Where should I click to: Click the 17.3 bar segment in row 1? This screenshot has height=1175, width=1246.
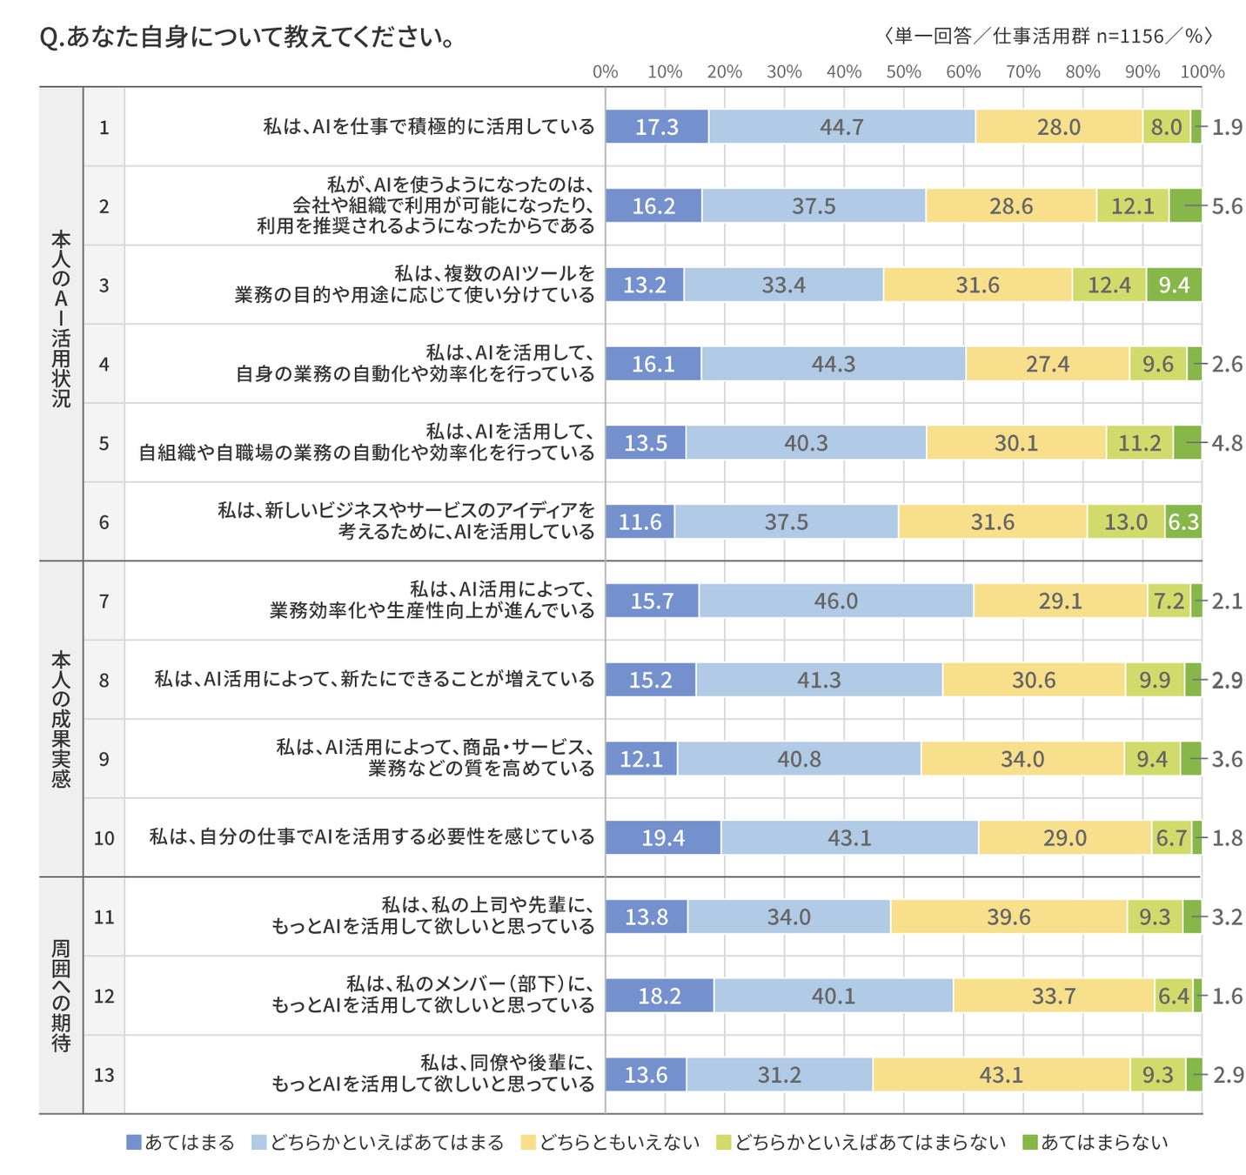click(657, 127)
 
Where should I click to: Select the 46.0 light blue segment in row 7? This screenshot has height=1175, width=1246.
click(835, 601)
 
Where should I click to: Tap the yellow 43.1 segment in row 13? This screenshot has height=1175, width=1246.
click(1001, 1075)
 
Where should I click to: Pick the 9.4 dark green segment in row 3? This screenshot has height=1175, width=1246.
click(1174, 285)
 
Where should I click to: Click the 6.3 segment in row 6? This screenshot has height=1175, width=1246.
click(1183, 522)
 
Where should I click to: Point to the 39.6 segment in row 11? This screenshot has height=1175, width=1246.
click(1008, 916)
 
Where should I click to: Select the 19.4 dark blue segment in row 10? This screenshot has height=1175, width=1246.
click(663, 837)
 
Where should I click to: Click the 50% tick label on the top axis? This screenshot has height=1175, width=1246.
click(903, 71)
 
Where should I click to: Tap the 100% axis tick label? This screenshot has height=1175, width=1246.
click(1202, 71)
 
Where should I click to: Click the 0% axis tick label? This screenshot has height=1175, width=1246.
click(605, 71)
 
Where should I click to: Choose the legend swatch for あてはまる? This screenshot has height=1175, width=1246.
click(134, 1142)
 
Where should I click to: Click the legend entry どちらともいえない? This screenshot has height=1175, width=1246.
click(619, 1142)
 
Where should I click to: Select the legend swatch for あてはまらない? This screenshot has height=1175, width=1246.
click(1029, 1142)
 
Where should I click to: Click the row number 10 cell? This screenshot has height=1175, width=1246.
click(104, 837)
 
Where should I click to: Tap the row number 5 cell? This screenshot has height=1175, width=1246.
click(104, 443)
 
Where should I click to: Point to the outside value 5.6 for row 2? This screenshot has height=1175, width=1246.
click(1227, 206)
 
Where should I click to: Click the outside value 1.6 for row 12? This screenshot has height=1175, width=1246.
click(1227, 996)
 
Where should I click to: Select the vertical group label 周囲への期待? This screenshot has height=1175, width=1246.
click(61, 996)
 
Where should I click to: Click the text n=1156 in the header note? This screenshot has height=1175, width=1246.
click(1129, 36)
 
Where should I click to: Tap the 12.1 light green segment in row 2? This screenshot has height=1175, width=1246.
click(1132, 206)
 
